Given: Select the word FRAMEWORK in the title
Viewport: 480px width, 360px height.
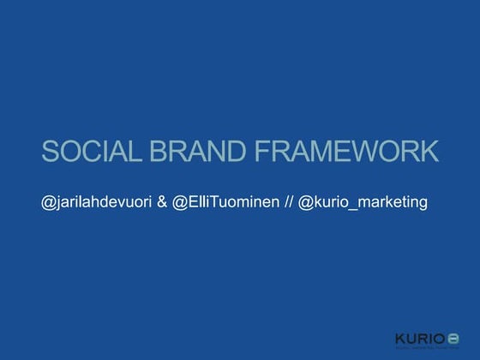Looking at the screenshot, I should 346,153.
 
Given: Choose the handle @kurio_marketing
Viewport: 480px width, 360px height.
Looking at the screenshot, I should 363,203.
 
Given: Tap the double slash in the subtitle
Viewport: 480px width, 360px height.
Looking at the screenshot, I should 288,203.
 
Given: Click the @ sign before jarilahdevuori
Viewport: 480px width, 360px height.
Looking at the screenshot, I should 48,203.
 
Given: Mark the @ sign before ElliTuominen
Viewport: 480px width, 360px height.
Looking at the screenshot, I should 179,203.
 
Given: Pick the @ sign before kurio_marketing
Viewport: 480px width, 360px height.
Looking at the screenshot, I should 305,203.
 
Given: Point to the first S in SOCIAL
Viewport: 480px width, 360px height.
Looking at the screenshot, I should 50,153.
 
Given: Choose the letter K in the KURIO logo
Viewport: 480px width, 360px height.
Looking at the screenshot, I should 400,336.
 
